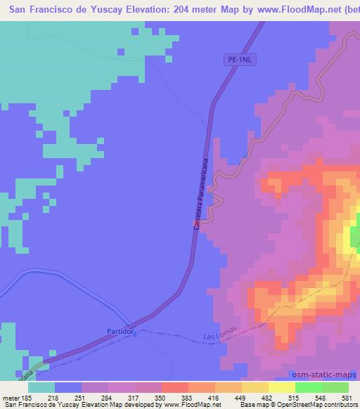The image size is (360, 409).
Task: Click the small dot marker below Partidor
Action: (135, 335)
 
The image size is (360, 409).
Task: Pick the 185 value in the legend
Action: (28, 397)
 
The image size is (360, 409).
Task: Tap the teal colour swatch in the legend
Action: (41, 387)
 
